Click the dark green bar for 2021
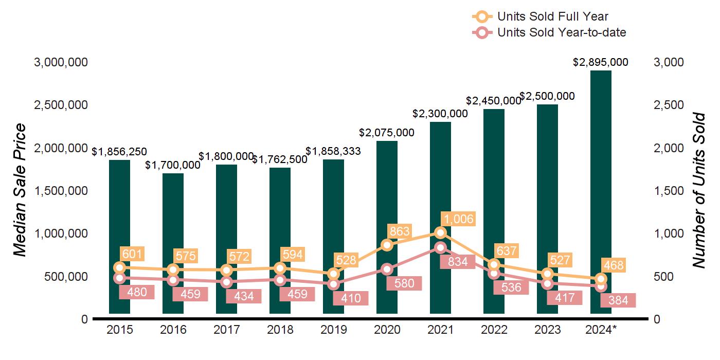[440, 170]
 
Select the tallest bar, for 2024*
[601, 154]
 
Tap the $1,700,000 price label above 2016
[173, 165]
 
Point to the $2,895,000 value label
[601, 62]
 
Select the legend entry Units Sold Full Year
[552, 16]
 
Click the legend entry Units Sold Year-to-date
[561, 32]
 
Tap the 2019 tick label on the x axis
[333, 330]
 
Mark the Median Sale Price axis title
[20, 190]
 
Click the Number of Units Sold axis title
[699, 190]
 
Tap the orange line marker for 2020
[387, 245]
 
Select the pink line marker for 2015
[119, 278]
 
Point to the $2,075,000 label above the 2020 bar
[387, 133]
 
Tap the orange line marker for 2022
[494, 264]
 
